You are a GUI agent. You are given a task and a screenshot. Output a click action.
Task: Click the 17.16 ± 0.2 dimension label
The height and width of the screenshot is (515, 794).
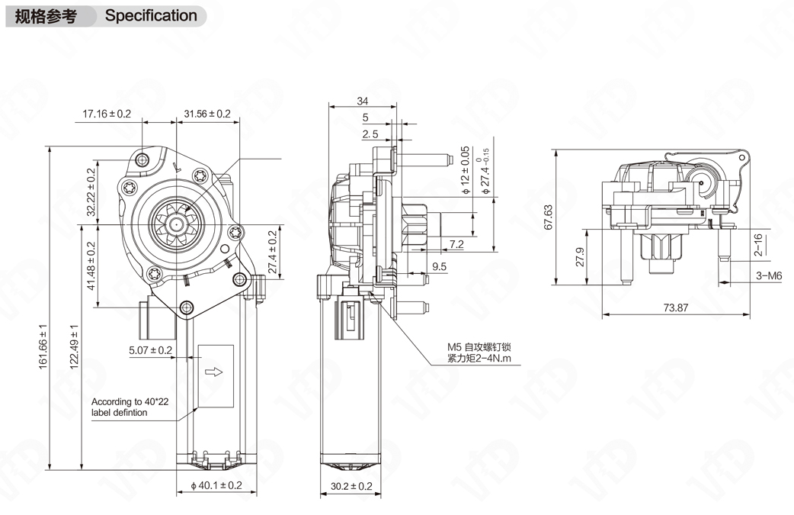[107, 114]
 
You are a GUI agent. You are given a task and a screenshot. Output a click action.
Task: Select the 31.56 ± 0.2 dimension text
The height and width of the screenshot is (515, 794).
[207, 114]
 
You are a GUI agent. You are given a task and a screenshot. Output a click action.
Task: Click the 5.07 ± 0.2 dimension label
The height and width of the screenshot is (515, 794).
[150, 350]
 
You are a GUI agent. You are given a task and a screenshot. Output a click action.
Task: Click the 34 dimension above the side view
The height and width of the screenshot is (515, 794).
[363, 101]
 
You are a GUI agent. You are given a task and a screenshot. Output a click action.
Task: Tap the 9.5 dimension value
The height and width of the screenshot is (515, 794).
[439, 266]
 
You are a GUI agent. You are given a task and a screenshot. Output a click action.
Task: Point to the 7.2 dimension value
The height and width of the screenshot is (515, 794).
[456, 244]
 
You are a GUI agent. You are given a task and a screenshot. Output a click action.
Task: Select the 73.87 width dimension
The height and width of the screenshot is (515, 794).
[675, 307]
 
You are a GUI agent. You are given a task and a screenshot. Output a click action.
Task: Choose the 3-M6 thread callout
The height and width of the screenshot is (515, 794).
[769, 276]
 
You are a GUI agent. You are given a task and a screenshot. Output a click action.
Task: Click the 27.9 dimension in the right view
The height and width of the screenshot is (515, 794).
[580, 256]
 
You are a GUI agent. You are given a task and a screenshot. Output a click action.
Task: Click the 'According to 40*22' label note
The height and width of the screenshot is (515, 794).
[124, 407]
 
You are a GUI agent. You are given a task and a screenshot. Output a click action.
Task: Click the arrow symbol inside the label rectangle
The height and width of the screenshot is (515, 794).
[215, 372]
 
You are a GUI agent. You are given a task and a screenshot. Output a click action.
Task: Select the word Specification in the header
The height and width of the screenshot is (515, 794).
[151, 15]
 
